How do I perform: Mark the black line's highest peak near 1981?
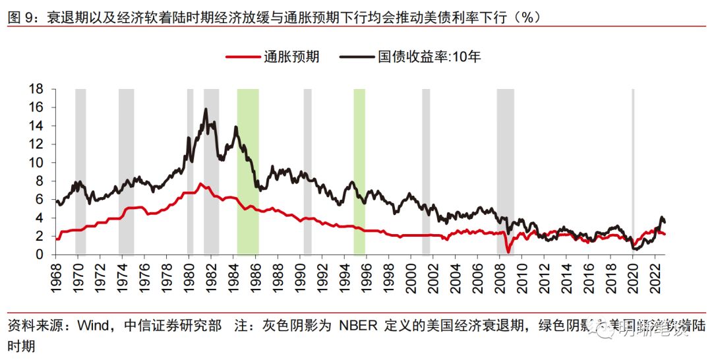coord(206,109)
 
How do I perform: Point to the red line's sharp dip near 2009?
coord(508,251)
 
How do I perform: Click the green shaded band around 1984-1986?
coord(248,171)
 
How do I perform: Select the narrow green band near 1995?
coord(359,171)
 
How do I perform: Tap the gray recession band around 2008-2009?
coord(505,171)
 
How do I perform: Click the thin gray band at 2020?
coord(633,171)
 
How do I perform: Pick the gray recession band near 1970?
coord(80,171)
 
